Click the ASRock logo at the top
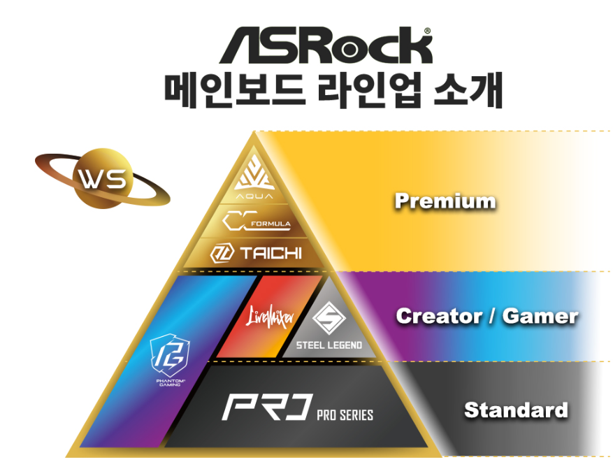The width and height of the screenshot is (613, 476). (325, 47)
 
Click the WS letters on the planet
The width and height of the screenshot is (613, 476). (102, 180)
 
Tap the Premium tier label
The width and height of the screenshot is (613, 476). (445, 202)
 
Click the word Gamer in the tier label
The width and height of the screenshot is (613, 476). (540, 316)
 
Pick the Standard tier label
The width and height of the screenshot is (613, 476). (516, 410)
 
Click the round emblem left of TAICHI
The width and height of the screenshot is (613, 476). (222, 252)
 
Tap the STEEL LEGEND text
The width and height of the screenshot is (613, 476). (329, 345)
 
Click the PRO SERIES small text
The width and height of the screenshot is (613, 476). (345, 414)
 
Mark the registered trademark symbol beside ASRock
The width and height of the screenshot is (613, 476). (427, 31)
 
